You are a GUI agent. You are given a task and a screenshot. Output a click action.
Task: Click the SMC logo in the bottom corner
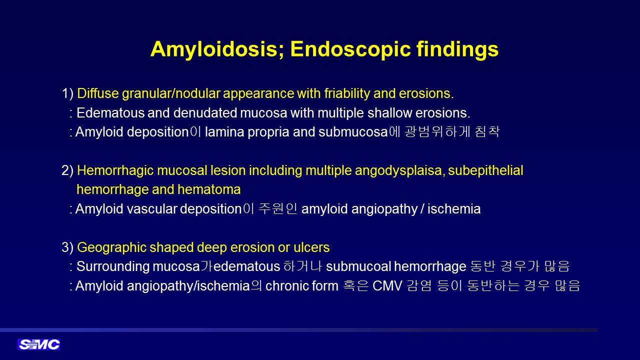pos(39,344)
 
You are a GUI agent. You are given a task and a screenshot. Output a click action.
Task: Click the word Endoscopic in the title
pos(350,49)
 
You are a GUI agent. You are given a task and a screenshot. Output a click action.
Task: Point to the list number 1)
pos(67,93)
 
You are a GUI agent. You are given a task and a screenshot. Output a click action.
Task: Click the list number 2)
pos(67,170)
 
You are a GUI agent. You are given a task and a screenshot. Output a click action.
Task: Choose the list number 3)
pos(67,247)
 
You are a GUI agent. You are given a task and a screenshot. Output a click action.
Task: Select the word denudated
pos(205,113)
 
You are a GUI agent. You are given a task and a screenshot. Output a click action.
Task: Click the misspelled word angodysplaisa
pos(399,171)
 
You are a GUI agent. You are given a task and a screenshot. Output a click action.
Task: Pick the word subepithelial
pos(485,170)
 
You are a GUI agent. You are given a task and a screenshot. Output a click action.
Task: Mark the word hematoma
pos(209,189)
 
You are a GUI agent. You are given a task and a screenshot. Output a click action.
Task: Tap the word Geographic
pos(111,247)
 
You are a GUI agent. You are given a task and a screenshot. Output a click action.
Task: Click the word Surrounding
pos(113,267)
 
